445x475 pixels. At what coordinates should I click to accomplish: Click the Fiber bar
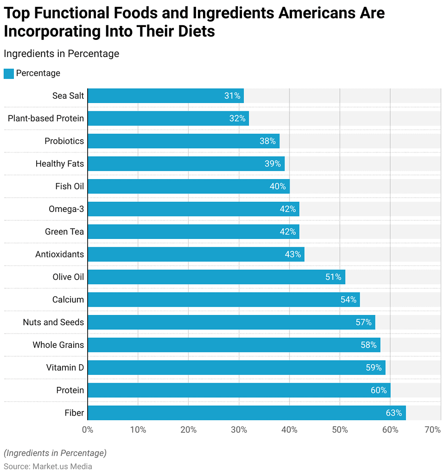pos(246,413)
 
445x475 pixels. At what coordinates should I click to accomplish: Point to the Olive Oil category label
pos(68,277)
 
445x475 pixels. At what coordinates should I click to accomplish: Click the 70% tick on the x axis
pos(432,430)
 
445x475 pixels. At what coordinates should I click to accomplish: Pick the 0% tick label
pos(88,430)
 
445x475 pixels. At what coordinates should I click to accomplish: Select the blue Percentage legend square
pos(9,73)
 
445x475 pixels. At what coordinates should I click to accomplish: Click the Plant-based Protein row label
pos(46,118)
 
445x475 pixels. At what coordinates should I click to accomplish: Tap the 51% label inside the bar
pos(333,277)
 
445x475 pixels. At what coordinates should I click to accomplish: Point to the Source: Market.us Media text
pos(48,466)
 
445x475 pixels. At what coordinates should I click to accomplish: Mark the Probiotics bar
pos(183,141)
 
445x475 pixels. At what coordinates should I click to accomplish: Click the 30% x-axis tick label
pos(239,430)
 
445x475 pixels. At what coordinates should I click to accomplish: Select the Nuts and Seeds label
pos(53,322)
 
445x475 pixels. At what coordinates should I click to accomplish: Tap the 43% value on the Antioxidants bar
pos(293,254)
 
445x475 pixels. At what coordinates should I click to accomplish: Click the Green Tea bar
pos(193,231)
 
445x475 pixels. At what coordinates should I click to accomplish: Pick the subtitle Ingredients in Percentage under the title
pos(61,53)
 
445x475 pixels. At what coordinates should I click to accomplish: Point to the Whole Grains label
pos(58,345)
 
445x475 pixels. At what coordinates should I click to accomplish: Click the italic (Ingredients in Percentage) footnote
pos(55,453)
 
